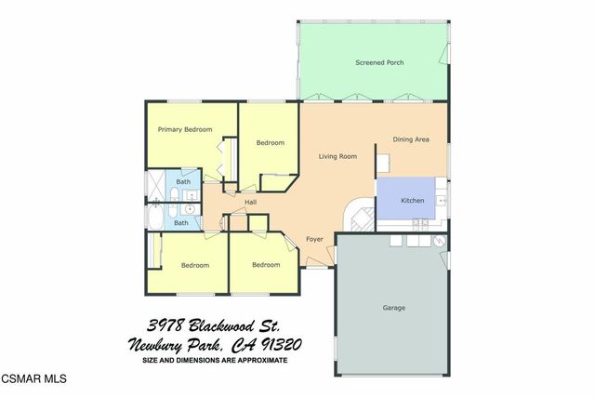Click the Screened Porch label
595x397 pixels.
[x=378, y=62]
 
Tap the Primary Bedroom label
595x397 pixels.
[x=184, y=129]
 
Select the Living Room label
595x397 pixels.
[x=337, y=156]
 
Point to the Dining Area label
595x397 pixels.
[x=410, y=139]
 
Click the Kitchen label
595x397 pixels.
[x=412, y=201]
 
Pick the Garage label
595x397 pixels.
[x=393, y=307]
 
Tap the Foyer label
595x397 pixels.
[x=314, y=239]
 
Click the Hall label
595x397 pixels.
[x=250, y=202]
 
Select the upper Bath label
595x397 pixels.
[x=184, y=180]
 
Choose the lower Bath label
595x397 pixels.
[x=181, y=222]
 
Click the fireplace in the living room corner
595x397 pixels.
[x=360, y=217]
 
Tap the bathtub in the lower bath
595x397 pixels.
[x=154, y=217]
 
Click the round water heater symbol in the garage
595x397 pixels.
[x=441, y=241]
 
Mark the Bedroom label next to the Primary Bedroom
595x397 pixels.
[x=270, y=142]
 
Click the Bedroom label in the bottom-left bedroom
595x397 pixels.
[x=194, y=265]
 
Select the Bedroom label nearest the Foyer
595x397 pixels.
[x=266, y=264]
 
